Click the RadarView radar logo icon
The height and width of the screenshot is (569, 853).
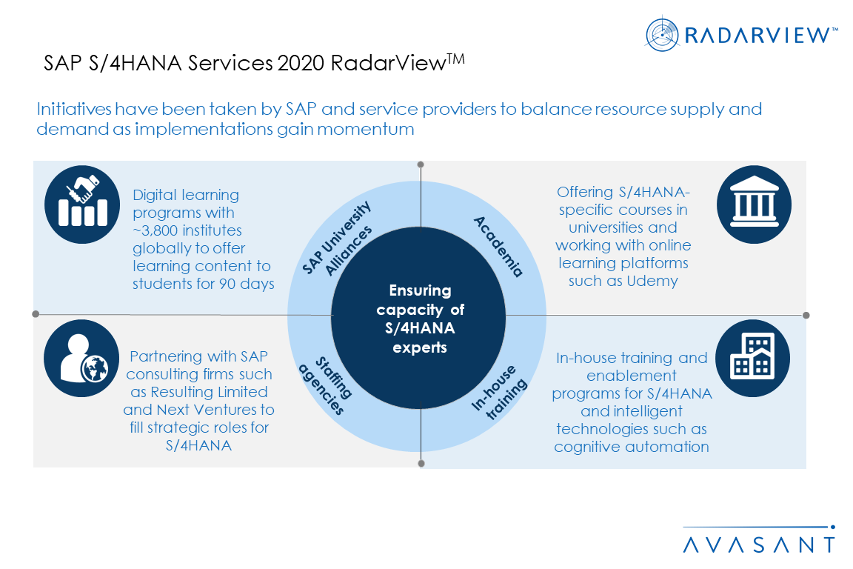tap(662, 34)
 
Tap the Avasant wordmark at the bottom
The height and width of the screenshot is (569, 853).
tap(759, 545)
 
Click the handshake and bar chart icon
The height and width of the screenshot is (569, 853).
tap(81, 200)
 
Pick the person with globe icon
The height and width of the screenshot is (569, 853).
tap(81, 359)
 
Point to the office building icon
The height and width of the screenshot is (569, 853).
tap(754, 358)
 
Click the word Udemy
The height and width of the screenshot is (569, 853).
tap(645, 281)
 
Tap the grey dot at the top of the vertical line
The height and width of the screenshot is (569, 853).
tap(421, 164)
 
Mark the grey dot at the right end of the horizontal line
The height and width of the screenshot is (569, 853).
tap(806, 315)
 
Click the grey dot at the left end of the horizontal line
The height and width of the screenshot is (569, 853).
tap(35, 314)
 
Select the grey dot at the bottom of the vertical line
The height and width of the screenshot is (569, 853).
tap(421, 464)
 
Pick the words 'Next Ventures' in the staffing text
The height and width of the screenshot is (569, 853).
tap(231, 410)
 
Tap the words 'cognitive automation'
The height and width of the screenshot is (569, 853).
tap(632, 447)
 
